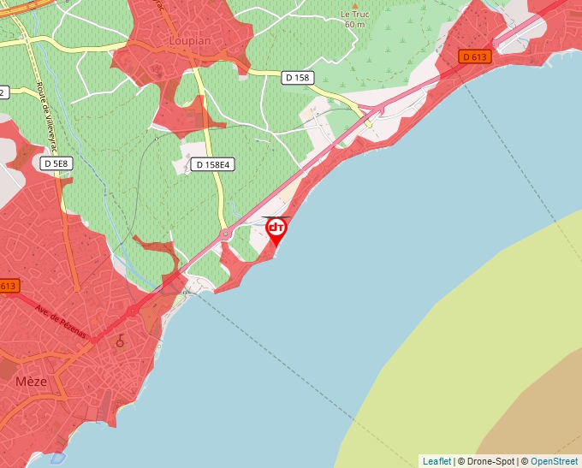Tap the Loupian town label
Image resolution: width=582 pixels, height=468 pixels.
189,40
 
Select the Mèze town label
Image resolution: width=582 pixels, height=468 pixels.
32,382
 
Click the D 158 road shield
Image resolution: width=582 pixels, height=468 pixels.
297,77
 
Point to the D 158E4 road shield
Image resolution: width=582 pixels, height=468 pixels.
214,164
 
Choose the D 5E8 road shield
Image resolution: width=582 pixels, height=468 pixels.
55,163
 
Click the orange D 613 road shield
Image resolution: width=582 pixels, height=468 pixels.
475,57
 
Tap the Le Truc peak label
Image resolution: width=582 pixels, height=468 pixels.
354,14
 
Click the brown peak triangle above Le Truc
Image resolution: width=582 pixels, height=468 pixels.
354,3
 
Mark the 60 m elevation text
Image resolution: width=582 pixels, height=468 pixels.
354,25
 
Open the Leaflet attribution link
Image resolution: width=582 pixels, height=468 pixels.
436,461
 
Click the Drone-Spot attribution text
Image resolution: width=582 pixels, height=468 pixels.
486,461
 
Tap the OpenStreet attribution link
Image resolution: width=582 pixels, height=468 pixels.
554,461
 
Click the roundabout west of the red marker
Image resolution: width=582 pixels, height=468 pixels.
225,233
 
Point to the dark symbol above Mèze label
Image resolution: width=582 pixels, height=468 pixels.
120,341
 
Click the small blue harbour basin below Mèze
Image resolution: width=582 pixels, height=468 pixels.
58,458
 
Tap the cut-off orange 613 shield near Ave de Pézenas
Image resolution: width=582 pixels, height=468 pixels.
9,286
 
